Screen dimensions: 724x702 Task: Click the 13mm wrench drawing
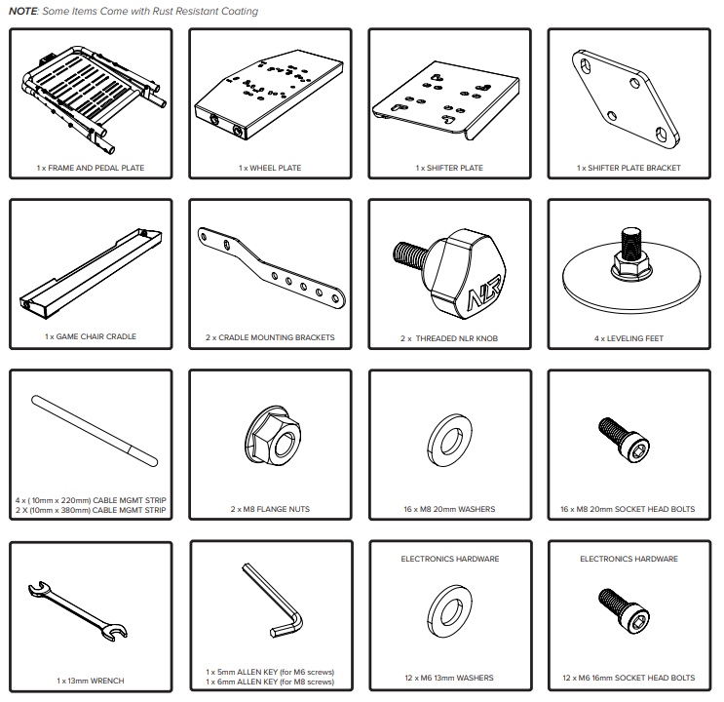tap(78, 611)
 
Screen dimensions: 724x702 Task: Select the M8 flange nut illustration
tap(273, 436)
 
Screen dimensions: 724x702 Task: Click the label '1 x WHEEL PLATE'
tap(270, 168)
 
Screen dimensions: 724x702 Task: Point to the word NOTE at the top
tap(23, 11)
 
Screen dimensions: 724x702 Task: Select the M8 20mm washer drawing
tap(449, 440)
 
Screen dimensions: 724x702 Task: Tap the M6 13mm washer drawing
tap(449, 611)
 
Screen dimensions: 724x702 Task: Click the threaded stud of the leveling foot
tap(631, 244)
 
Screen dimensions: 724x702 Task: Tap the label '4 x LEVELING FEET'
tap(629, 338)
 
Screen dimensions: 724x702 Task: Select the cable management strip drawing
tap(95, 431)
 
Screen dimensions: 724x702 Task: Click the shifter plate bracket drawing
tap(626, 98)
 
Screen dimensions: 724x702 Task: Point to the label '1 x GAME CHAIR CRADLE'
tap(91, 336)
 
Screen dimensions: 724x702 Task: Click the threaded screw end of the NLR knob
tap(410, 255)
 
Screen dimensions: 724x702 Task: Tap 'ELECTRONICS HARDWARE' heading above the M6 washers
tap(450, 559)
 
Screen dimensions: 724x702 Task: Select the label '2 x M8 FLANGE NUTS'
tap(270, 509)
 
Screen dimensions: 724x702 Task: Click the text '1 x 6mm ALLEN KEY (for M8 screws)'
tap(270, 682)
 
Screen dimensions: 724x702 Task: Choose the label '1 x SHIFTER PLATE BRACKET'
tap(629, 168)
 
